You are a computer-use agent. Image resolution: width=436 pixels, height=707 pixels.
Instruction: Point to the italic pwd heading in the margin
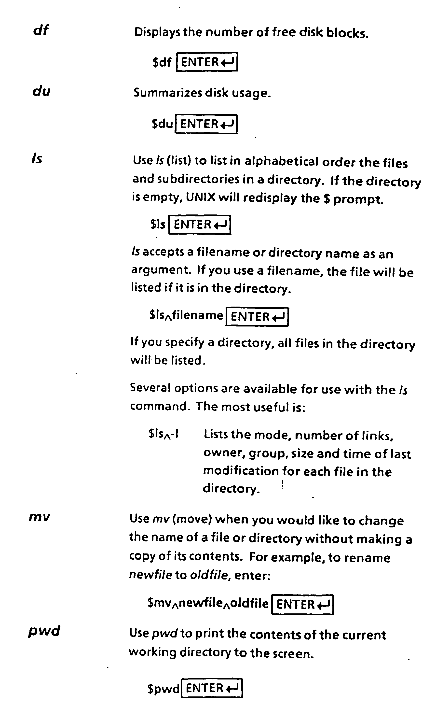click(x=44, y=631)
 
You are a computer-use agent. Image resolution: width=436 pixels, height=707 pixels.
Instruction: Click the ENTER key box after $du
click(x=206, y=124)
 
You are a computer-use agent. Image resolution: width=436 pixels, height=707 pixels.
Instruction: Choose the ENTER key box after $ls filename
click(x=257, y=317)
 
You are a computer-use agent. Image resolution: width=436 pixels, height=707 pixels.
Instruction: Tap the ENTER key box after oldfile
click(x=302, y=604)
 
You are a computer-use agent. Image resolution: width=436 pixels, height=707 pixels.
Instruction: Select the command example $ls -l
click(x=163, y=434)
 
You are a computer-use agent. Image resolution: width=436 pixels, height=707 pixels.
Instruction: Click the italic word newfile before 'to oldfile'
click(x=150, y=575)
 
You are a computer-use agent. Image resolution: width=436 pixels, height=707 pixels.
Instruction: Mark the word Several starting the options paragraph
click(x=150, y=388)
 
